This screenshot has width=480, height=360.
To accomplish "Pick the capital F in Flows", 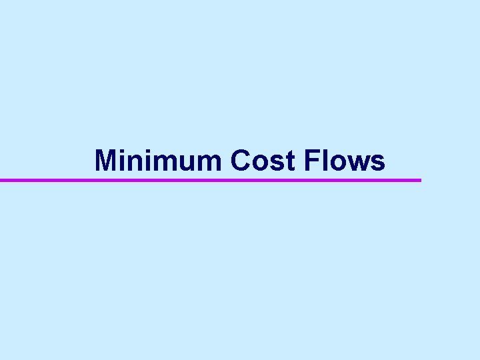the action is [310, 161].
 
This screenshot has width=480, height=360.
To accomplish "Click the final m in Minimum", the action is [209, 163].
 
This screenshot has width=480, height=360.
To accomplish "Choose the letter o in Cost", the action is [261, 163].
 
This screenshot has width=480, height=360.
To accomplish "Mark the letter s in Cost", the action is [277, 163].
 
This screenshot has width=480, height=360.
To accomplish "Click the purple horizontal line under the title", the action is [211, 180].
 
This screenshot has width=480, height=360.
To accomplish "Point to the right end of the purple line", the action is [419, 180].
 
